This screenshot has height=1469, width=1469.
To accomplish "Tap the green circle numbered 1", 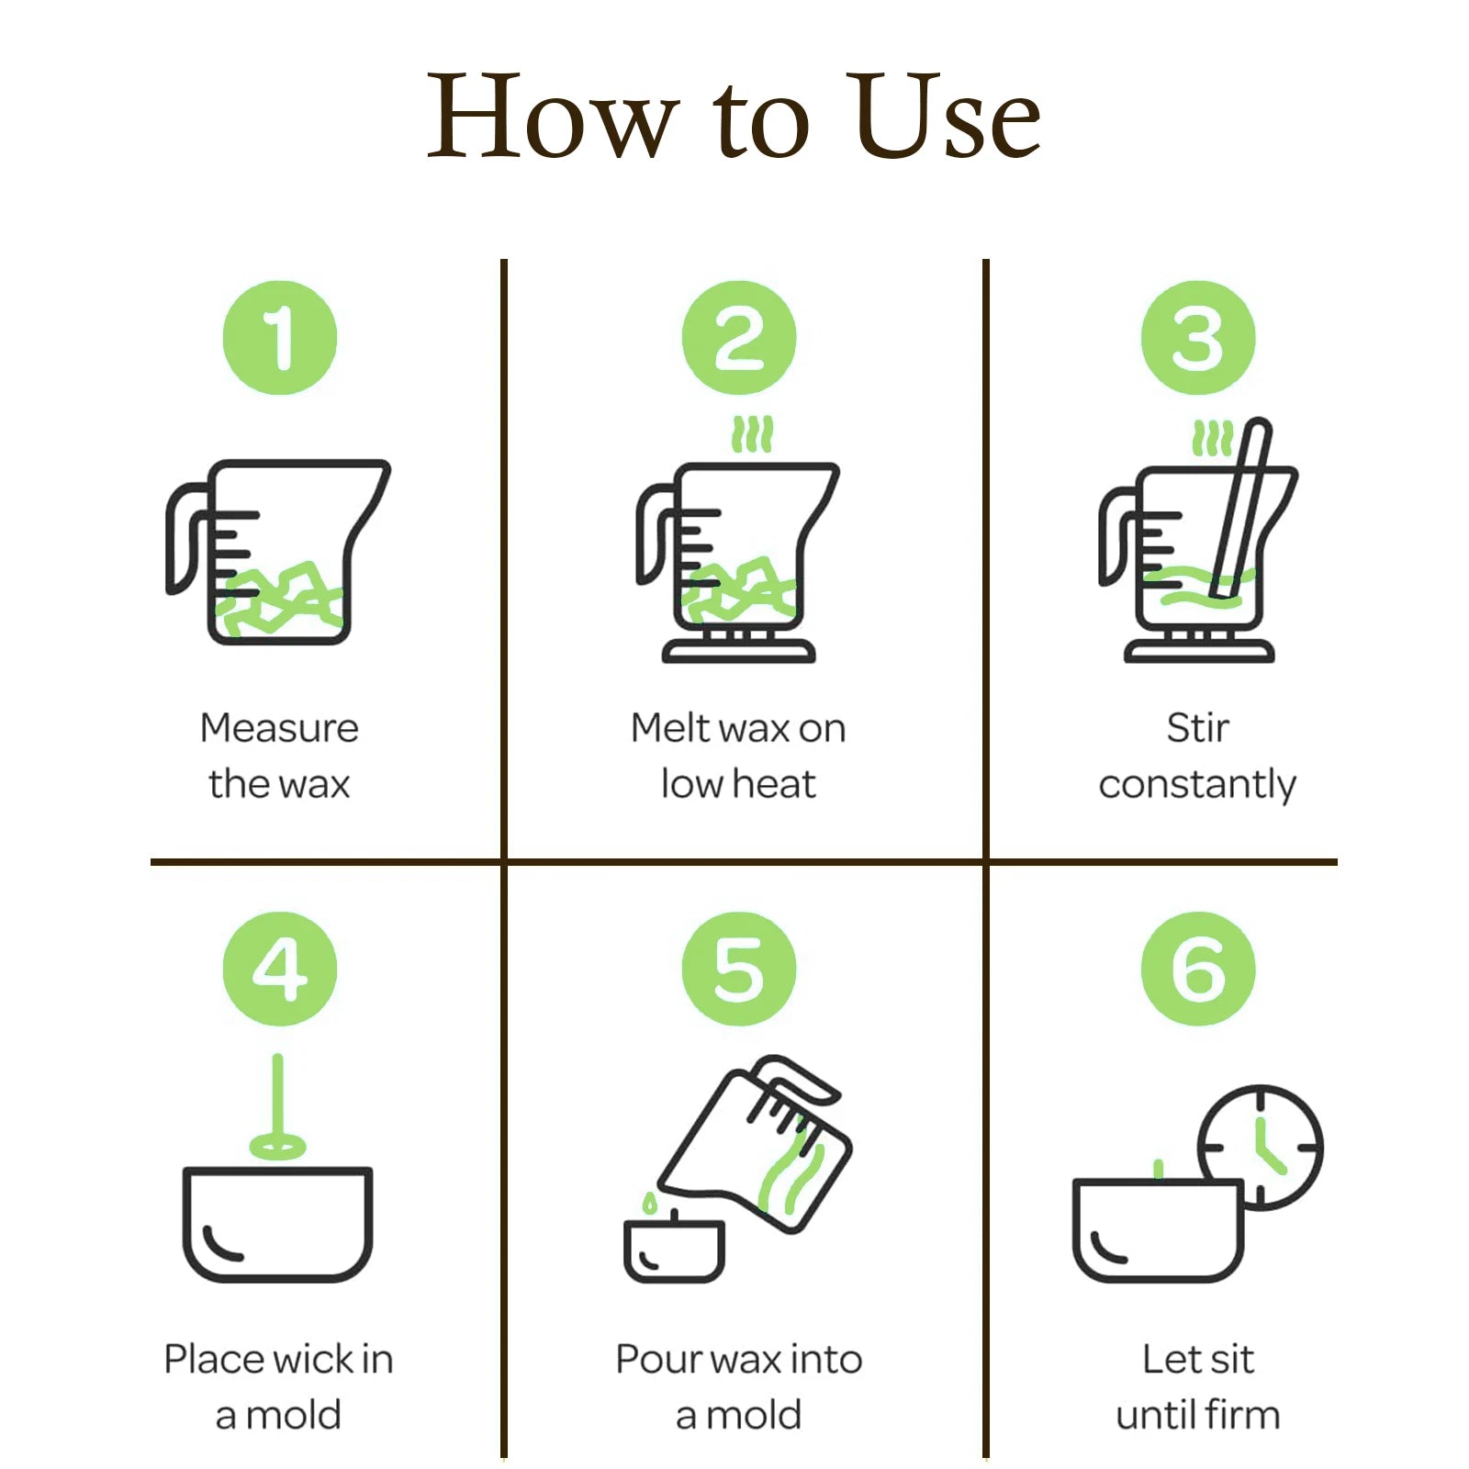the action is [x=280, y=338].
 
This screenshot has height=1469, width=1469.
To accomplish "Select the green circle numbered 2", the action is [x=739, y=338].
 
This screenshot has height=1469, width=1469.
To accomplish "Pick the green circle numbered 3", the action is [x=1198, y=338].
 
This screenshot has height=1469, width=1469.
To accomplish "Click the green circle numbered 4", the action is [x=280, y=969].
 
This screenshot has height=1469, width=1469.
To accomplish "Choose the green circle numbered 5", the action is [x=739, y=969].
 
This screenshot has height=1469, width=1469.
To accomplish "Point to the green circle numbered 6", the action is [x=1198, y=969].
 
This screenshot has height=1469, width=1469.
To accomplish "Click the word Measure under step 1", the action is [x=280, y=728].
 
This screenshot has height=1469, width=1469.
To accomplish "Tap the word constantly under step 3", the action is [x=1197, y=786].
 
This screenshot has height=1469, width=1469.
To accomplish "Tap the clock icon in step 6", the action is [x=1261, y=1147].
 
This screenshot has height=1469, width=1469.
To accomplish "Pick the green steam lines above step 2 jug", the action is [x=753, y=434].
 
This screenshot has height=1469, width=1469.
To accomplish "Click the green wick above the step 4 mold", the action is [x=277, y=1106].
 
